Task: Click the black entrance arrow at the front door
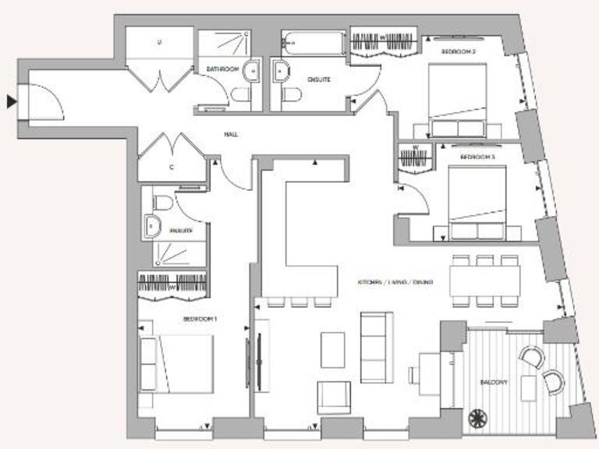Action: (10, 101)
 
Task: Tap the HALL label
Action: (230, 135)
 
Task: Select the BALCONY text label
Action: (494, 383)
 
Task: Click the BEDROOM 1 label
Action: (200, 320)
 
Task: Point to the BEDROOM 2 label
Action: (459, 52)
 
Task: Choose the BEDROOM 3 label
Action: (477, 157)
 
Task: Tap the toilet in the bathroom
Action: (240, 94)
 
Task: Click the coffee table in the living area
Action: (333, 348)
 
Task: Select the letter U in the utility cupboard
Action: (160, 43)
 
